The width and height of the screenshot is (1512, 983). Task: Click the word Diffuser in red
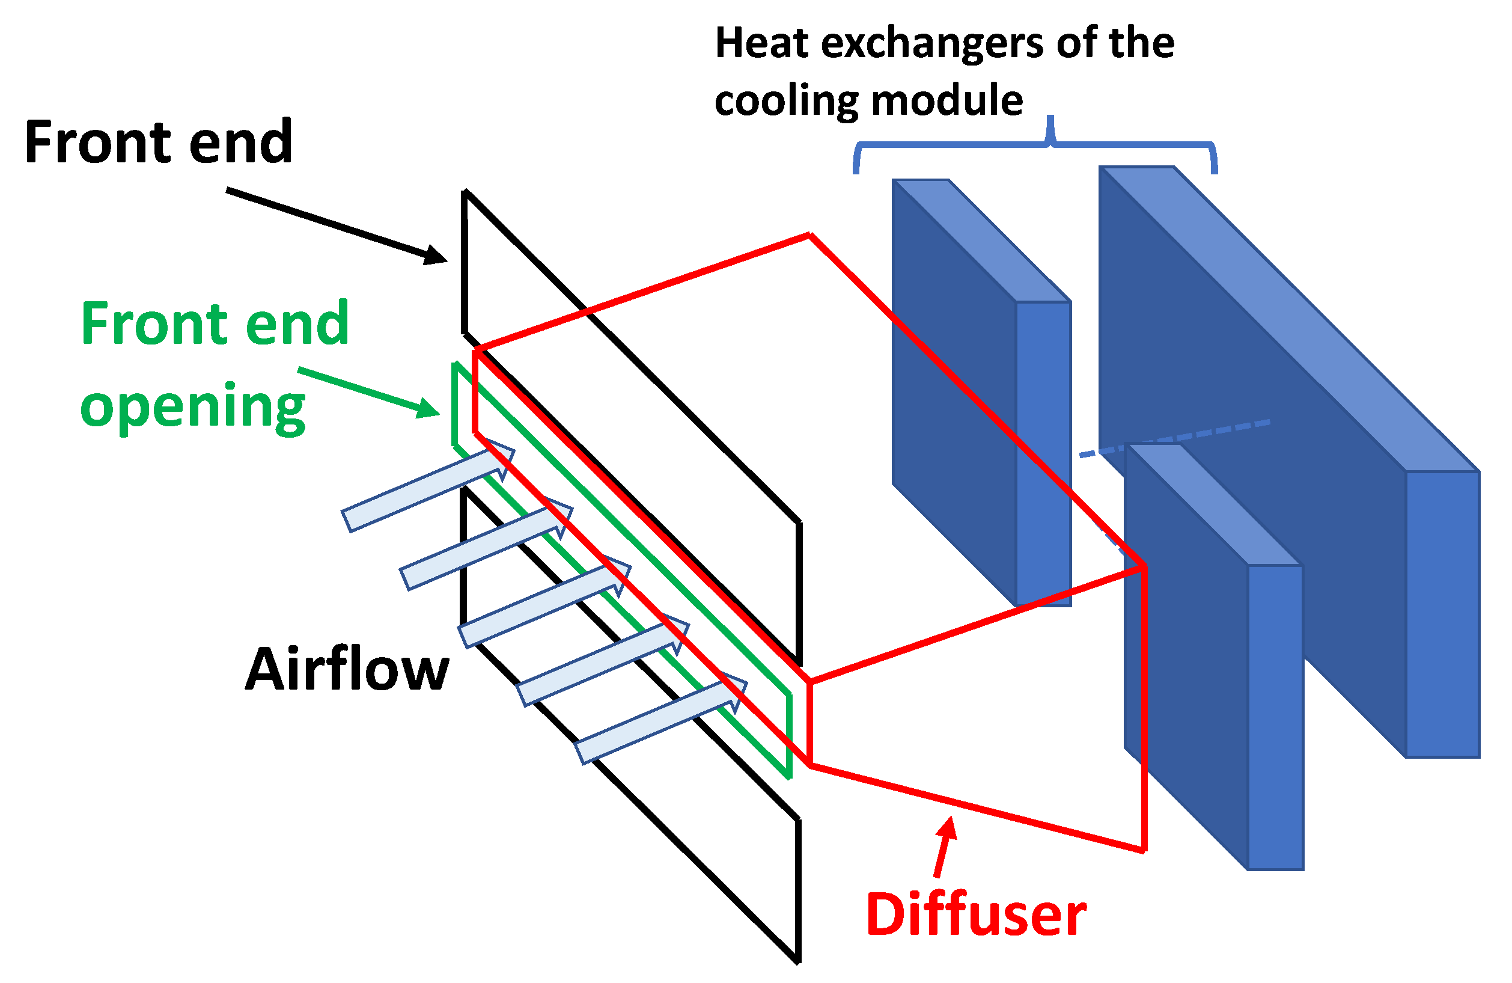tap(976, 915)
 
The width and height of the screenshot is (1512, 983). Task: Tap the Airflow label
tap(347, 670)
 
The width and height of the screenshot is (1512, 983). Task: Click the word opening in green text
tap(192, 406)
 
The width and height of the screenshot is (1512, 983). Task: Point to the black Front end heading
tap(158, 142)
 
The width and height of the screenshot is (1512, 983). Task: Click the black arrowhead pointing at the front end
tap(434, 256)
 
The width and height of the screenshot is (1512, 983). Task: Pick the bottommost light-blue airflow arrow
tap(660, 723)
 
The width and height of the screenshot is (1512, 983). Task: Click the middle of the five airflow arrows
tap(543, 605)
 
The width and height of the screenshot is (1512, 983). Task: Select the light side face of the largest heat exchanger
tap(1442, 613)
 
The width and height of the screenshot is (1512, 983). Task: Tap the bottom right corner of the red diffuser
tap(1144, 850)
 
